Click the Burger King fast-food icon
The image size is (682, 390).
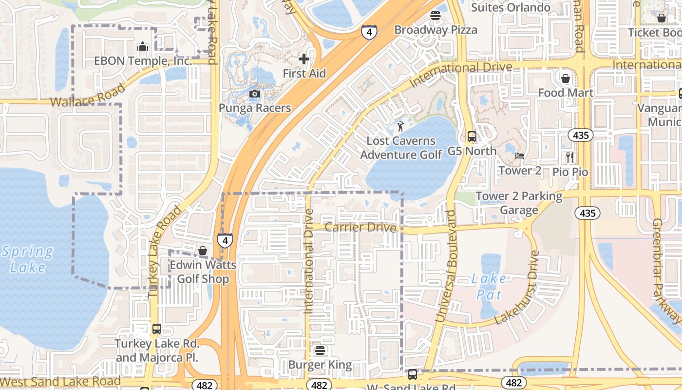click(x=320, y=350)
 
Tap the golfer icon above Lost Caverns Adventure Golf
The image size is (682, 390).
click(x=400, y=127)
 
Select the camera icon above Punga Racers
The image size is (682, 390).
click(x=254, y=94)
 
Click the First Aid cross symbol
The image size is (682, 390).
click(x=304, y=59)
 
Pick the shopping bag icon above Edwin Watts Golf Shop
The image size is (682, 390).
click(x=203, y=251)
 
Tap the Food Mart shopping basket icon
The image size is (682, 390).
click(x=566, y=78)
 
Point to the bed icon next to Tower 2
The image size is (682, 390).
click(x=520, y=156)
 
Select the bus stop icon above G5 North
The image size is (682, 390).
click(x=472, y=136)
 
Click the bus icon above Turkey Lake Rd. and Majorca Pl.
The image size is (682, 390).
click(x=156, y=329)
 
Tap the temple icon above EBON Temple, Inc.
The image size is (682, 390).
click(x=143, y=46)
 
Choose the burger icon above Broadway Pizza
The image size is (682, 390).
click(x=436, y=15)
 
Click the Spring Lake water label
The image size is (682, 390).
click(x=27, y=259)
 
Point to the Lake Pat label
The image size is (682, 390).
click(x=489, y=287)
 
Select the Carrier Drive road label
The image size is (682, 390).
click(x=360, y=228)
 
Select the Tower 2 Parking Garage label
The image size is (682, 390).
click(x=519, y=203)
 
